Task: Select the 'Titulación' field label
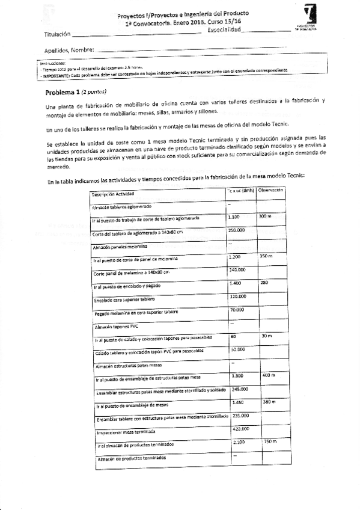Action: point(57,34)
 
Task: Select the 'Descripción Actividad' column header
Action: point(113,194)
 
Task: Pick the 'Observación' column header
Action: point(270,190)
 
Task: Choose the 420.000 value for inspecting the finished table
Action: point(240,429)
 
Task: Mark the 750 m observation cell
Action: point(269,442)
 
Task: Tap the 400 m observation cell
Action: point(269,375)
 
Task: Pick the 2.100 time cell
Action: point(238,442)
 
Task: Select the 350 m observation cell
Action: point(266,257)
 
